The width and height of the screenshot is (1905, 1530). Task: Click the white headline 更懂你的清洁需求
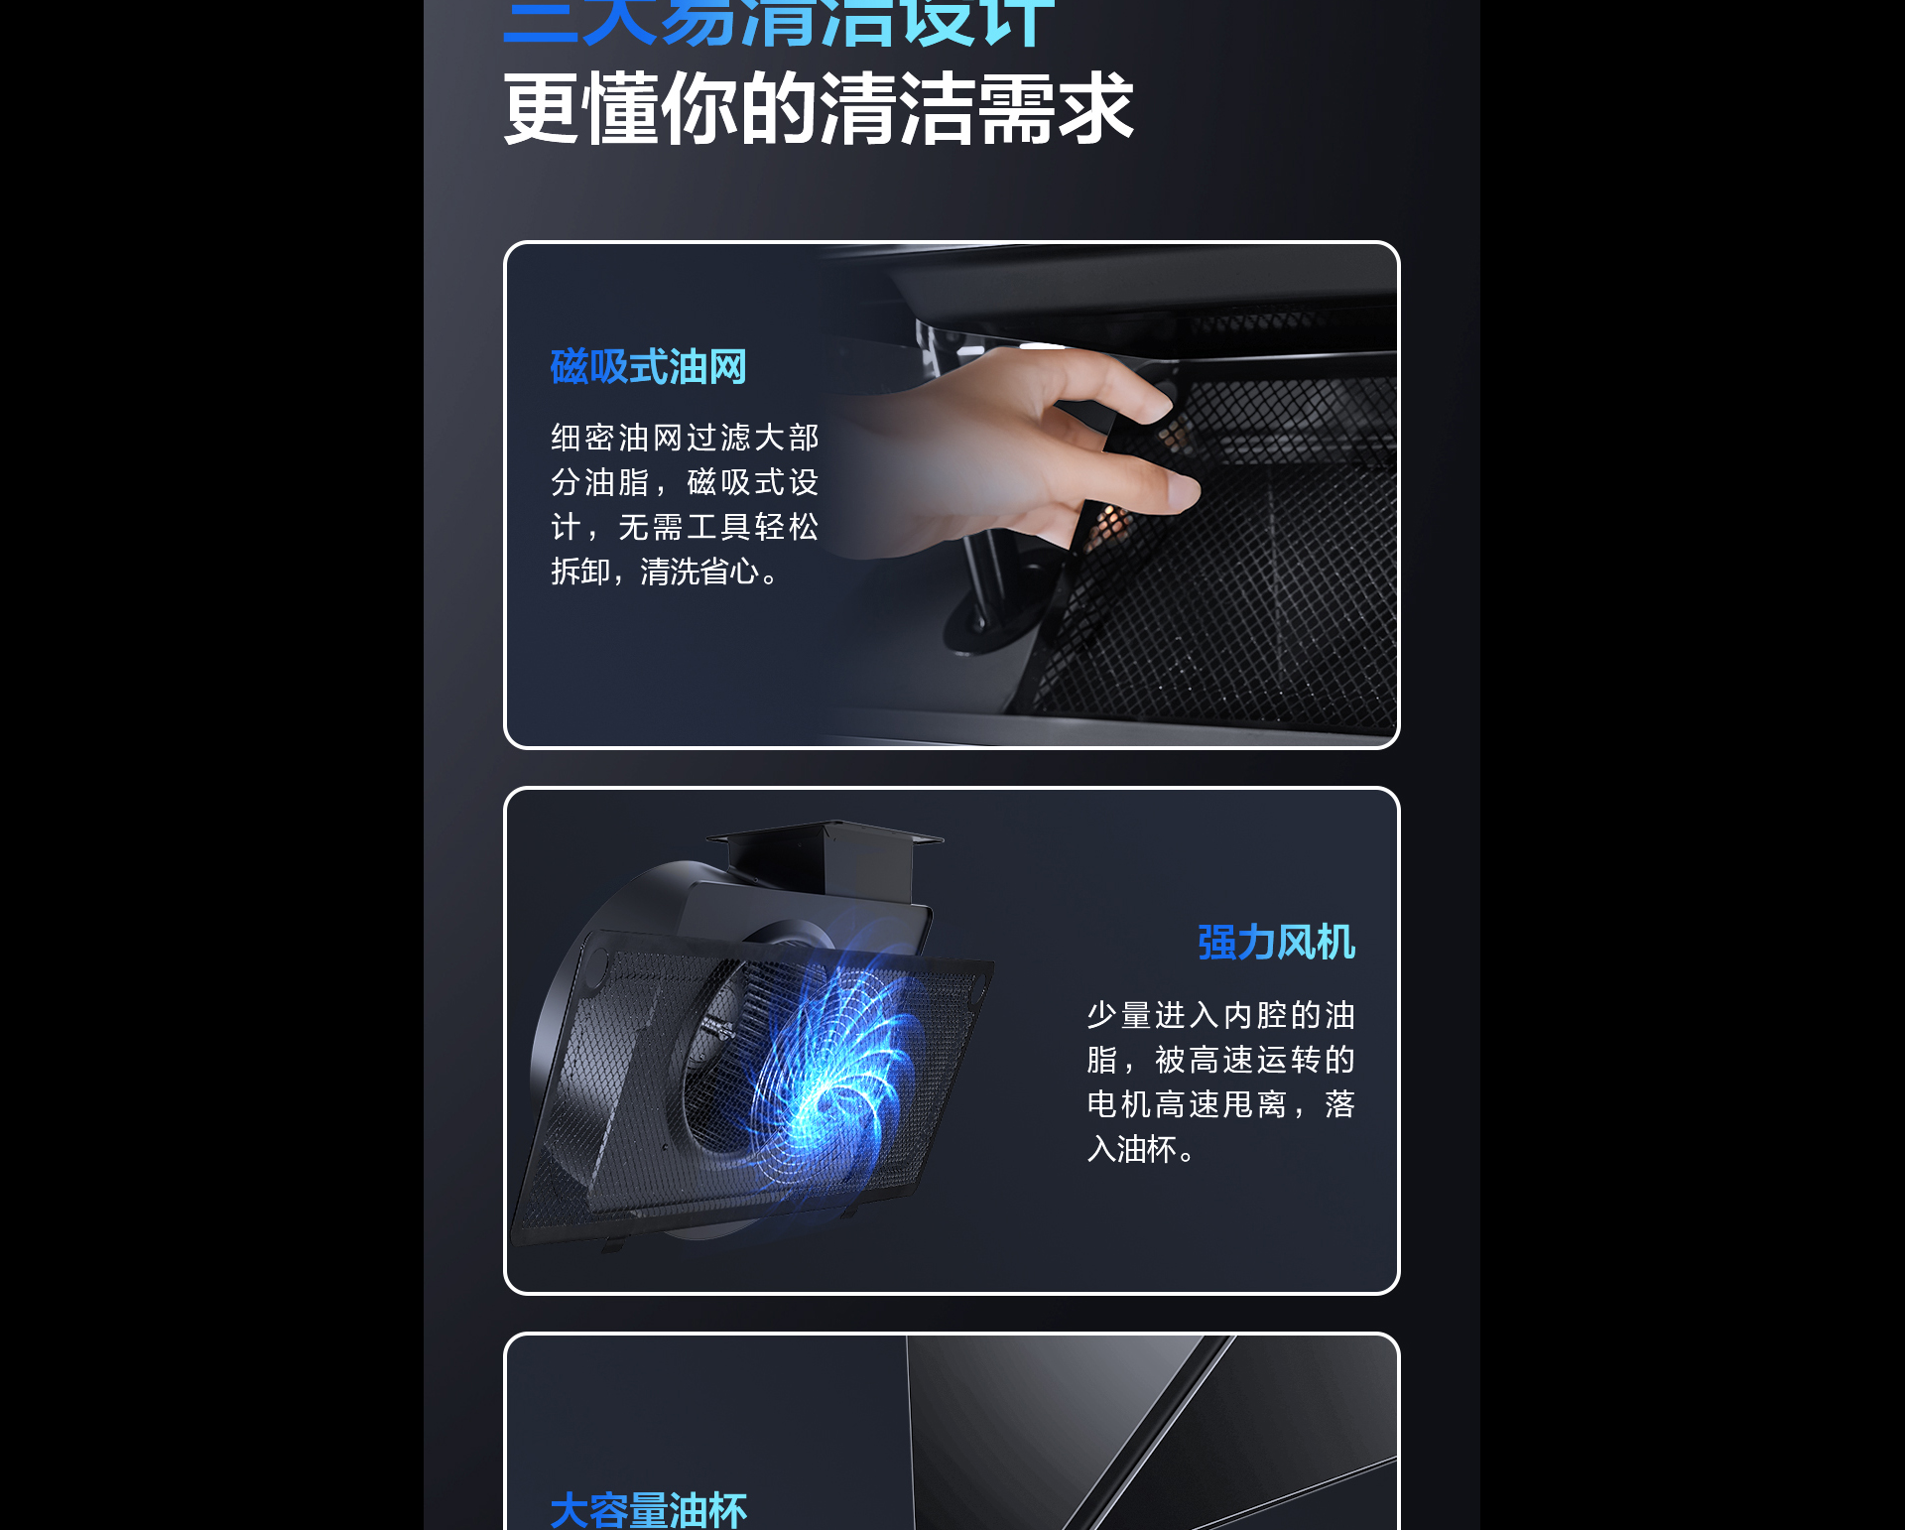tap(818, 109)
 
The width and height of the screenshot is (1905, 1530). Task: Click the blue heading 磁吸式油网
tap(648, 367)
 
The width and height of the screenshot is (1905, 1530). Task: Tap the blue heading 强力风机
tap(1276, 943)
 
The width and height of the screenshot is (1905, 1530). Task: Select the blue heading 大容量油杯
tap(648, 1510)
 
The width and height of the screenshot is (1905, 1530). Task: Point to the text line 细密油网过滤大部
tap(685, 438)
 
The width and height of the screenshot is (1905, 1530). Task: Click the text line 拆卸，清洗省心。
tap(666, 572)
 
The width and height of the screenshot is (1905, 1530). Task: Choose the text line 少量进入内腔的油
tap(1220, 1015)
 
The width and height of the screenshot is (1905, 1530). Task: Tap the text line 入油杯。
tap(1141, 1149)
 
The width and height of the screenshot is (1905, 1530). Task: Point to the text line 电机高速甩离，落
tap(1220, 1104)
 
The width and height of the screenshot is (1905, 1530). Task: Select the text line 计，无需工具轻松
tap(685, 527)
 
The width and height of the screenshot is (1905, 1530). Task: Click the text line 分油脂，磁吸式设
tap(685, 482)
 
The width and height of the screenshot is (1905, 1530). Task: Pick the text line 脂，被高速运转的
tap(1220, 1060)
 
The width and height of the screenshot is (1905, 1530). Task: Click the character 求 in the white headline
tap(1095, 109)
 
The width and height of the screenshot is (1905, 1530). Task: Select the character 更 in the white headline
tap(542, 109)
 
